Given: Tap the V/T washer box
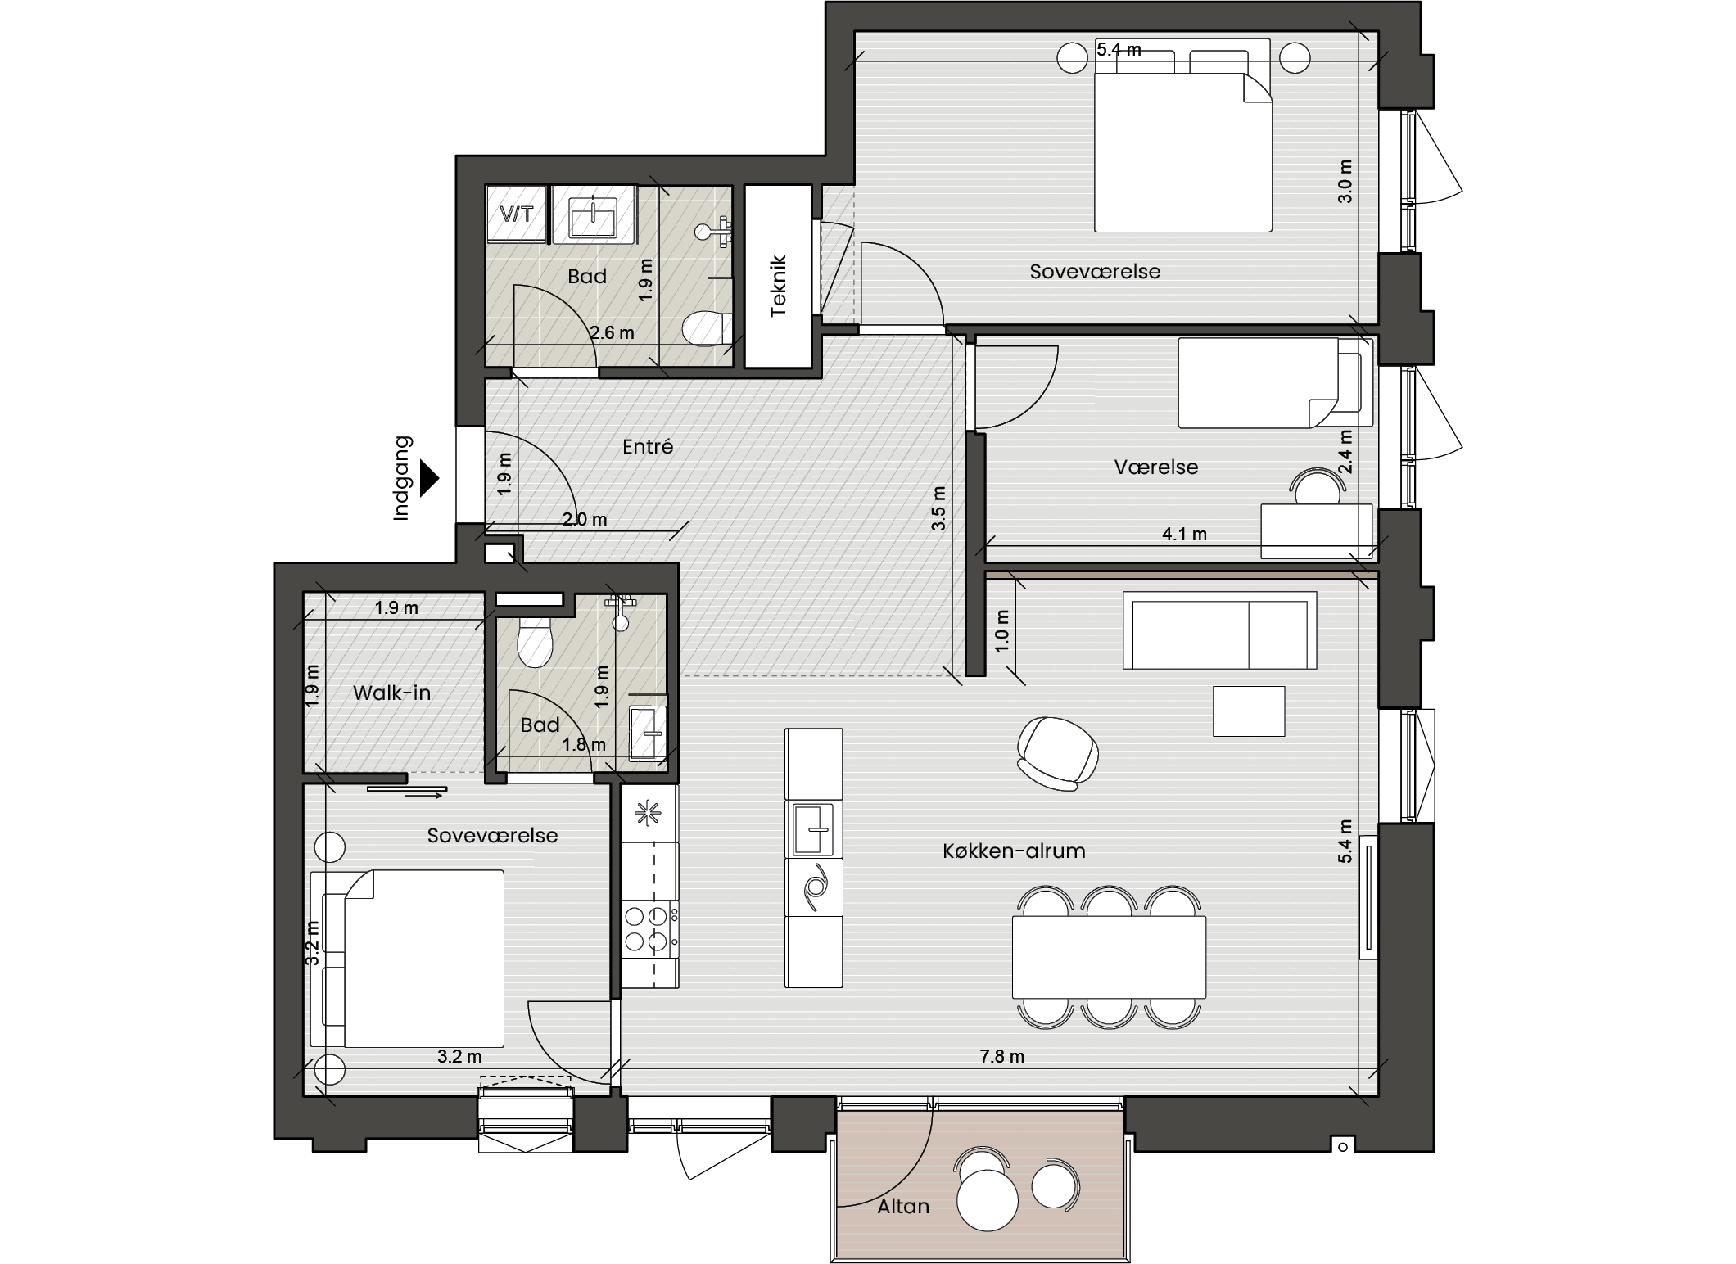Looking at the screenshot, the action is tap(517, 214).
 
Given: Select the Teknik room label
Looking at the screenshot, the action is tap(778, 286).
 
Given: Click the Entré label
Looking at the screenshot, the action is tap(648, 446).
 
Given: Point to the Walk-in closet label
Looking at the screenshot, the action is tap(391, 693).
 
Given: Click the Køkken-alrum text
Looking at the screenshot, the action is tap(1014, 851).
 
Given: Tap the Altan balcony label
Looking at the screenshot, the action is tap(903, 1206).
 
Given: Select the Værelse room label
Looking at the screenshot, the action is tap(1155, 467).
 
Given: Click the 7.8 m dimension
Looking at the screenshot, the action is tap(1002, 1056).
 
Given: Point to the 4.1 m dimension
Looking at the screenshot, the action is tap(1184, 534).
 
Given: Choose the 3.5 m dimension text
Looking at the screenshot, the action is tap(938, 508).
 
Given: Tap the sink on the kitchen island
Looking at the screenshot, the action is tap(814, 828).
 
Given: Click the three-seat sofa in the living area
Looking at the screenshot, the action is tap(1220, 630).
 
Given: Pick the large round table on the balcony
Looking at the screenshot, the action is tap(987, 1200).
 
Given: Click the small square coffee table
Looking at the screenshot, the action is tap(1249, 711).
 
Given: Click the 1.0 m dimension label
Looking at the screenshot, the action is tap(1002, 630).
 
